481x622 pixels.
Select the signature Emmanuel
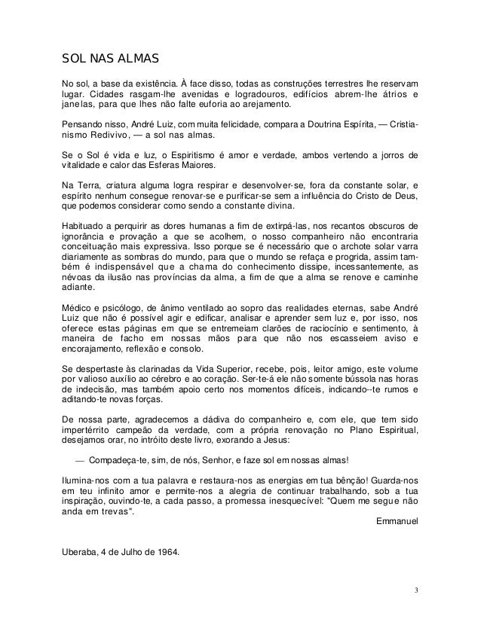point(397,520)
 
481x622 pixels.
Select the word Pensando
point(83,122)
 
